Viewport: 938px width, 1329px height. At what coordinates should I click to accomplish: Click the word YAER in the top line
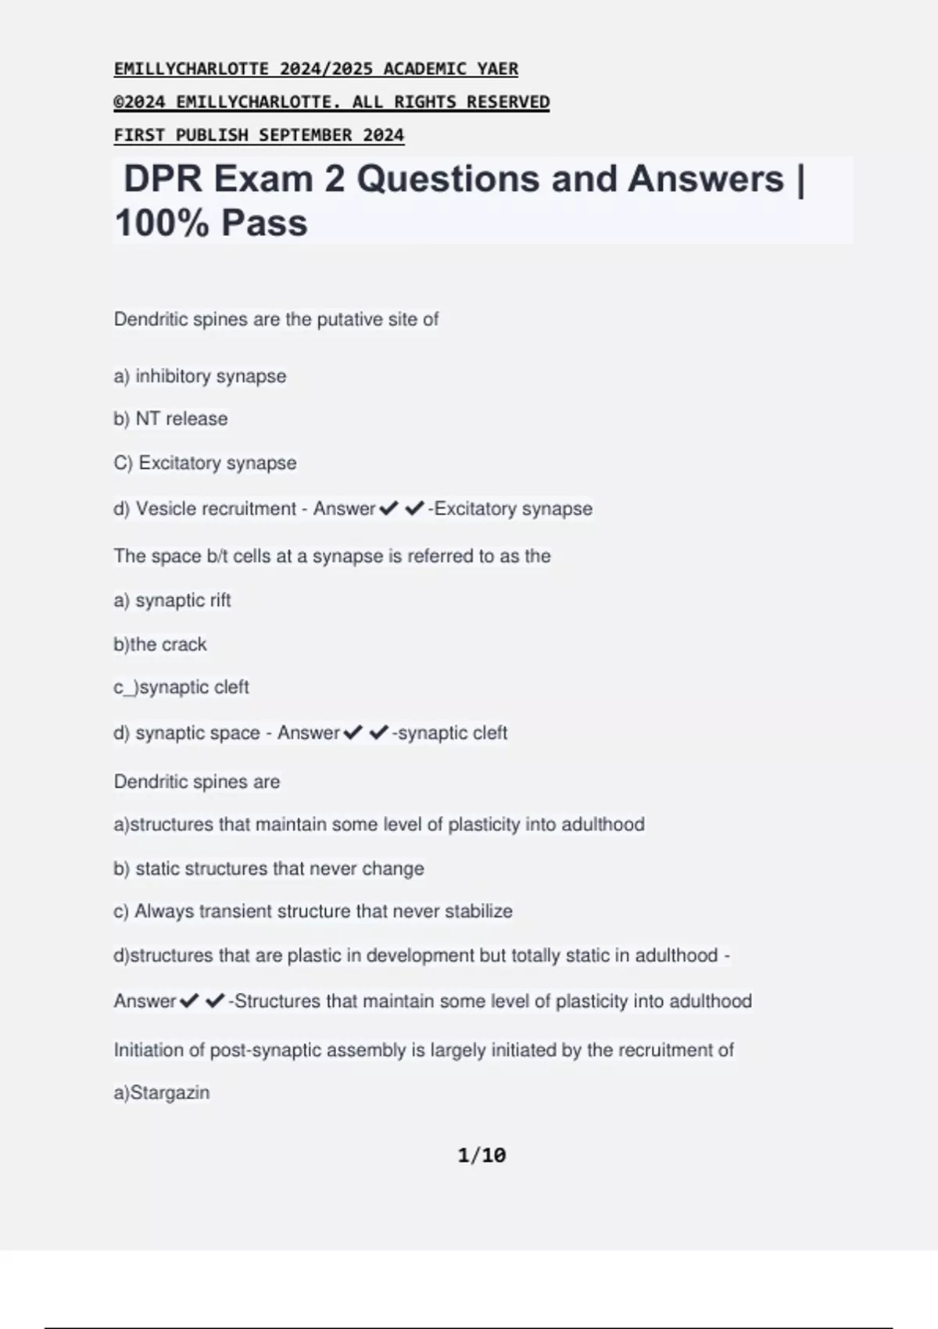(x=497, y=69)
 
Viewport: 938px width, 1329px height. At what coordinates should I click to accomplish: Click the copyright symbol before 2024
(x=119, y=102)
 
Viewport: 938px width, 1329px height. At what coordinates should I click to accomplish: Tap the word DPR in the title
(x=163, y=179)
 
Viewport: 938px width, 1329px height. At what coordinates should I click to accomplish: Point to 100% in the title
(x=162, y=223)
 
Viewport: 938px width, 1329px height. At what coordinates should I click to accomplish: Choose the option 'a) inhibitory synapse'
(x=200, y=376)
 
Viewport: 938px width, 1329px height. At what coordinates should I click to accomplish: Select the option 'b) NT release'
(x=170, y=419)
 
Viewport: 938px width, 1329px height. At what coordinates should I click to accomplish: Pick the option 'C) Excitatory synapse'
(x=205, y=463)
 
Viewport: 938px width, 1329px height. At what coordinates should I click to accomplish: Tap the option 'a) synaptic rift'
(x=172, y=600)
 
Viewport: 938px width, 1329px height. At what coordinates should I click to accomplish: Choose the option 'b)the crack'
(x=160, y=644)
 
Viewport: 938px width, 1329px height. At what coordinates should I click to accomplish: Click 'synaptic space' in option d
(x=197, y=733)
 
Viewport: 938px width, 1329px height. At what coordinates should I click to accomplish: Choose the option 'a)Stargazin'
(x=162, y=1093)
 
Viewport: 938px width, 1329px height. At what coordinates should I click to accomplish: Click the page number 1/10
(x=482, y=1155)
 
